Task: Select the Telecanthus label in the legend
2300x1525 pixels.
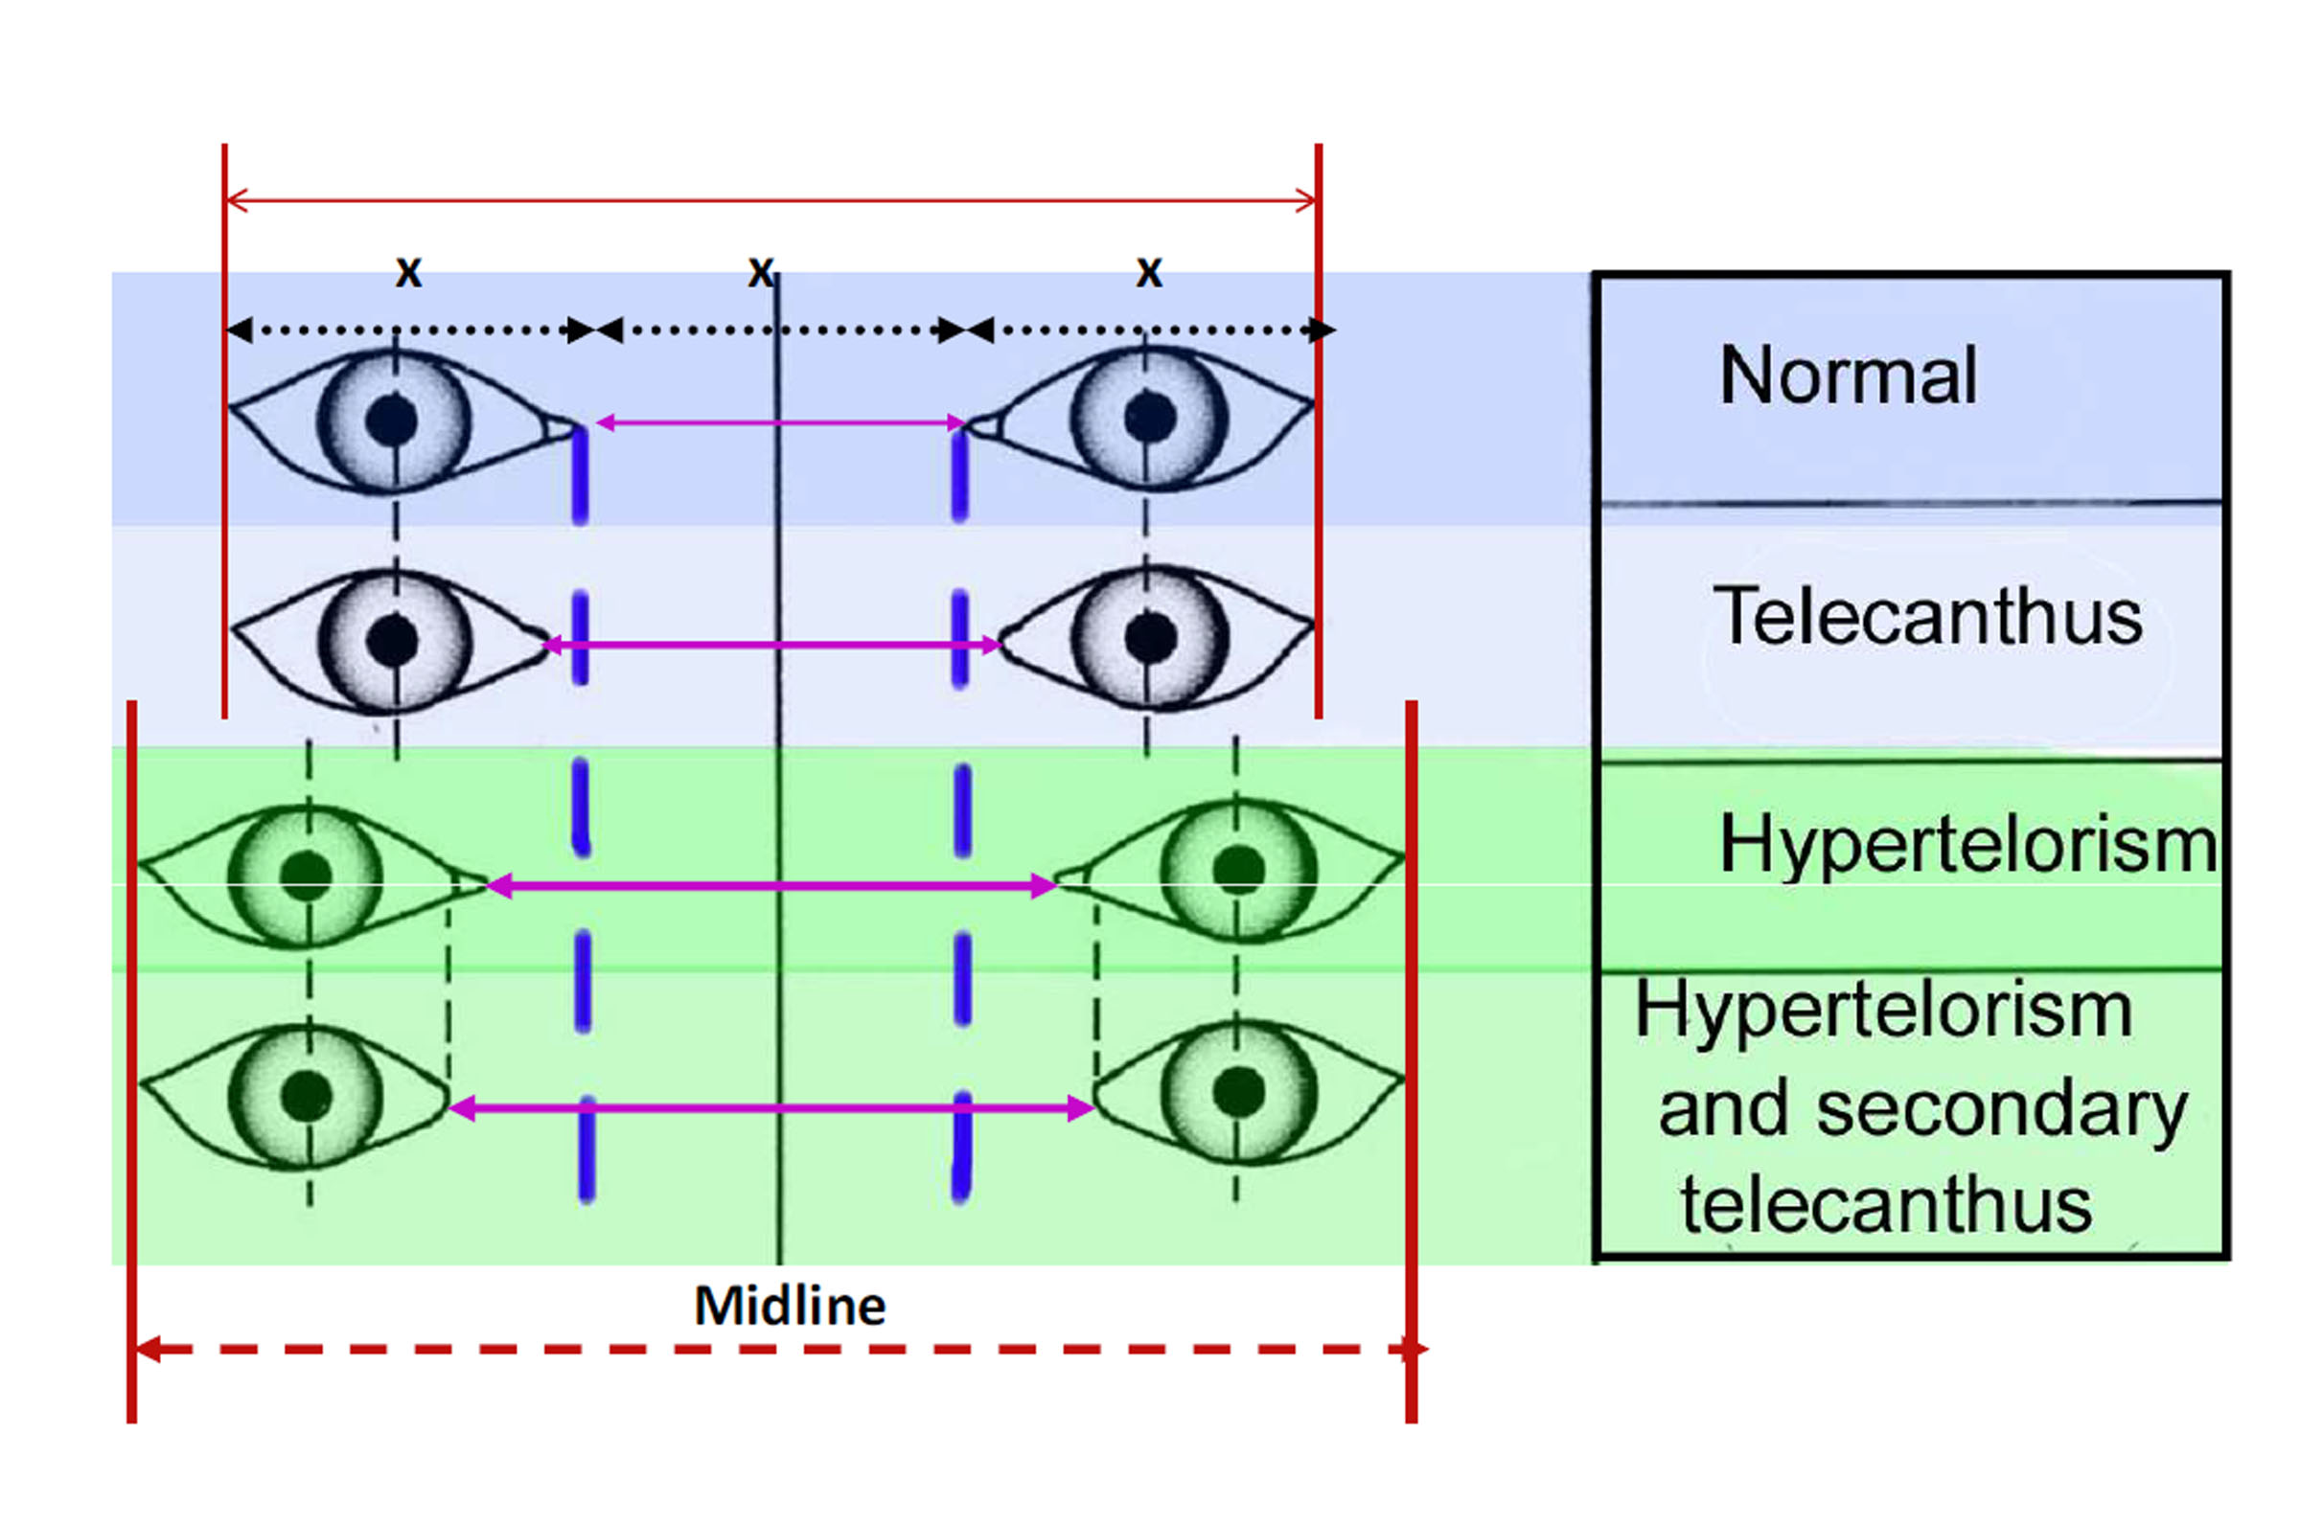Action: pos(1926,616)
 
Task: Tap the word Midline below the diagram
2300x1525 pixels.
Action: pos(789,1307)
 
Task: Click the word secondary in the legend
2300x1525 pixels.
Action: pos(2001,1108)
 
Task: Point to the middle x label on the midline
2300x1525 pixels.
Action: pos(761,271)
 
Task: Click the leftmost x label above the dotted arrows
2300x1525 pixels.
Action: pos(408,271)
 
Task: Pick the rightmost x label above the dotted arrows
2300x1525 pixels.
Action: pos(1149,271)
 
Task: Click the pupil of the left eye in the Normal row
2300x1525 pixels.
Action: pos(392,421)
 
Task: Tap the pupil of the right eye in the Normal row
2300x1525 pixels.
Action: pos(1150,419)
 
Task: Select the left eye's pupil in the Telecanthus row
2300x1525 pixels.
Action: pos(393,641)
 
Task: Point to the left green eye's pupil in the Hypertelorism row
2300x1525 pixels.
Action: pos(306,875)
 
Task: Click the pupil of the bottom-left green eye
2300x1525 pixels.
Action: pos(307,1095)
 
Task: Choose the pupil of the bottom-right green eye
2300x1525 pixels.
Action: pos(1238,1090)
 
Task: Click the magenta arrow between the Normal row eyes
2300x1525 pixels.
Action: pos(778,422)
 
